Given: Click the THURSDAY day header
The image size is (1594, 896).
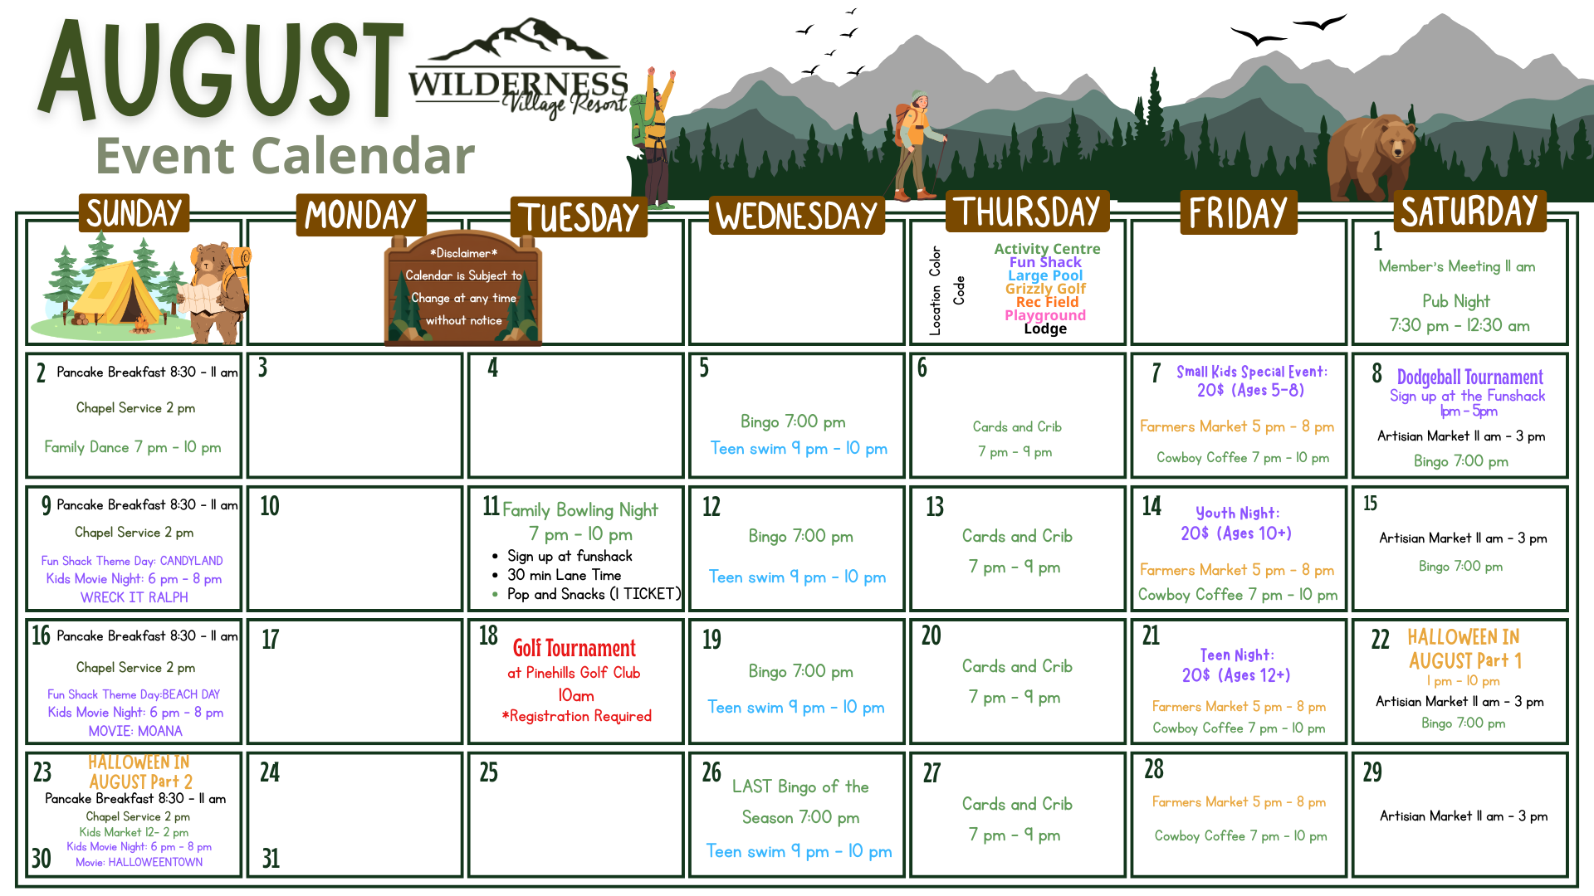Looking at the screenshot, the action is coord(1027,212).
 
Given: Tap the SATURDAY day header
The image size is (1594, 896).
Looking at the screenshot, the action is coord(1469,212).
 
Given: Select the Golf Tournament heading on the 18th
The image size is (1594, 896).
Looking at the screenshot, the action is coord(574,648).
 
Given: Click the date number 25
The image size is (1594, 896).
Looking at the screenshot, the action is coord(489,772).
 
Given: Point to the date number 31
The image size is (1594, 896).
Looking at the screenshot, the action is coord(271,858).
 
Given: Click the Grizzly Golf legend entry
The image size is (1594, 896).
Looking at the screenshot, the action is coord(1045,289).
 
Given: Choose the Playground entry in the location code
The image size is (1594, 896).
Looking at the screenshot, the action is coord(1045,315).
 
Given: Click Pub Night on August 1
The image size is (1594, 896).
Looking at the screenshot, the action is coord(1456,301).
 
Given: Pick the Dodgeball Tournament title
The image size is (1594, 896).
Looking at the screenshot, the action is coord(1469,377).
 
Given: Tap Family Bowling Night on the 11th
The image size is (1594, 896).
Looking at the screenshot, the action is coord(579,509).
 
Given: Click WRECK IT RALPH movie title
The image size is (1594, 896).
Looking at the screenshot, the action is coord(134,597).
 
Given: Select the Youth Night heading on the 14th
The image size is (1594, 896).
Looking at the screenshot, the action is coord(1237,514).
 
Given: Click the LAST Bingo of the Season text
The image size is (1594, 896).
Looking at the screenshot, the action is coord(800,801).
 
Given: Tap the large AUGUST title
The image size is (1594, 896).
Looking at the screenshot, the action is coord(222,71).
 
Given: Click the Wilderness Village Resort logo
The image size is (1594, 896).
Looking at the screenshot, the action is coord(518,71).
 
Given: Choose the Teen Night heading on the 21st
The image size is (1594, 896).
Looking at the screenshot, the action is coord(1237,655).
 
